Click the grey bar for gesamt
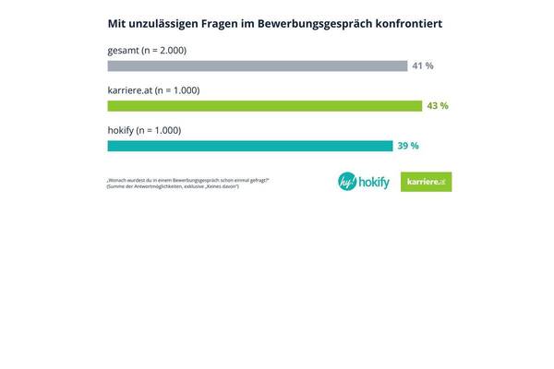coord(257,65)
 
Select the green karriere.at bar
coord(265,106)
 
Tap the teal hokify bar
coord(249,146)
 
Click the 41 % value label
coord(423,66)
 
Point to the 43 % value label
coord(437,106)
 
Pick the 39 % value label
coord(408,146)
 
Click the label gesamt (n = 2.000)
coord(147,50)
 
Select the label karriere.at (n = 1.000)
coord(153,90)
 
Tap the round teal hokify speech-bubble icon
coord(349,182)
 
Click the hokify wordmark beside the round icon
coord(377,182)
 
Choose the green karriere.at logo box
coord(427,182)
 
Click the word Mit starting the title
coord(117,21)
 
